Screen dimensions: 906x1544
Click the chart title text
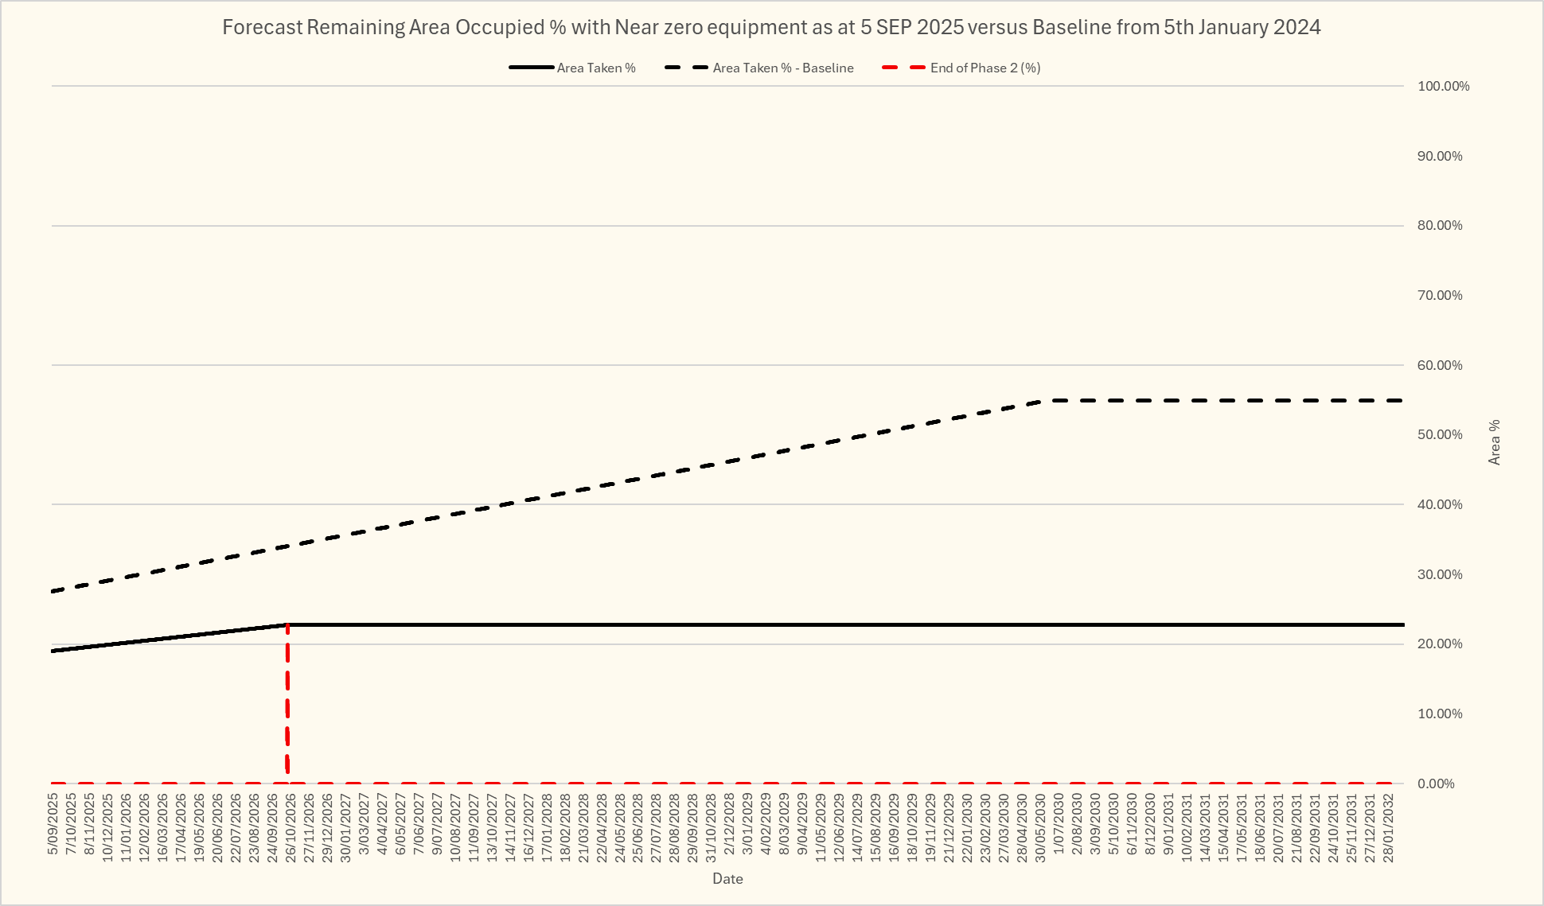pyautogui.click(x=770, y=27)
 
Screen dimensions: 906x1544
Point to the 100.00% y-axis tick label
pyautogui.click(x=1443, y=86)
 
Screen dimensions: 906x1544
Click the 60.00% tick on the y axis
pyautogui.click(x=1440, y=365)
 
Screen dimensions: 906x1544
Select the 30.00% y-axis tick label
pyautogui.click(x=1440, y=574)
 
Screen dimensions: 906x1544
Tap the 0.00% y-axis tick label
pyautogui.click(x=1437, y=784)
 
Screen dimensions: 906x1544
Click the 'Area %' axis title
pyautogui.click(x=1495, y=442)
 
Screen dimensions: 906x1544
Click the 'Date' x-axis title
pyautogui.click(x=727, y=879)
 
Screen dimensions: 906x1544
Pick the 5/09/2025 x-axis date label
pyautogui.click(x=53, y=823)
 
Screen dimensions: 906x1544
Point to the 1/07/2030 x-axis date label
pyautogui.click(x=1059, y=823)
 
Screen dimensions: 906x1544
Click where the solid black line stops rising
pyautogui.click(x=287, y=625)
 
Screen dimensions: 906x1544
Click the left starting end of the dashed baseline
pyautogui.click(x=53, y=592)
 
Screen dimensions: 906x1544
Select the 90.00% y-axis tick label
pyautogui.click(x=1440, y=156)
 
